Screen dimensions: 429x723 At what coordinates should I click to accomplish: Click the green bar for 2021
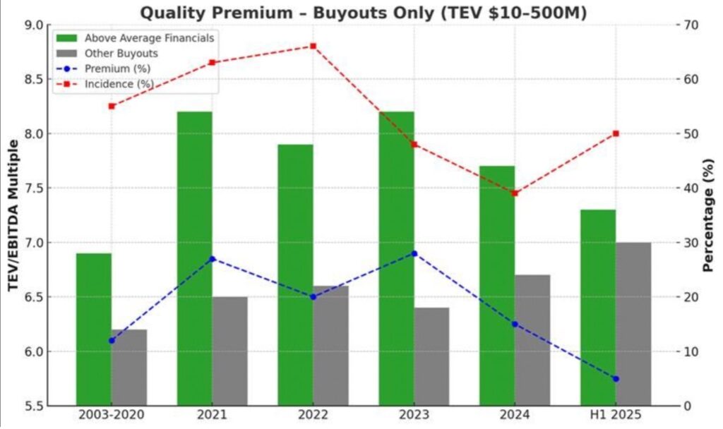194,258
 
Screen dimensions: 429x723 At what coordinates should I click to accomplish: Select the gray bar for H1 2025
633,324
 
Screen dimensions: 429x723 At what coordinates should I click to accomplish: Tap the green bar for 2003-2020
94,329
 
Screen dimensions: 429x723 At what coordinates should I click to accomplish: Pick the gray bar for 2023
431,356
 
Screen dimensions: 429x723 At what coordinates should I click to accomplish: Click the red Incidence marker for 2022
313,47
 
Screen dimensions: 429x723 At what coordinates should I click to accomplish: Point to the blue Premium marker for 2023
414,253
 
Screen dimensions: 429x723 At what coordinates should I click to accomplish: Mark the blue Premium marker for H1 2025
616,379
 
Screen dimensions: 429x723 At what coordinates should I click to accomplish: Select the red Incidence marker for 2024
515,193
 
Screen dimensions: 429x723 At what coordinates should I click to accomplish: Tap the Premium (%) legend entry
117,68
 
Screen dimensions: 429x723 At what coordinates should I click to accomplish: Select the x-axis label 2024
515,416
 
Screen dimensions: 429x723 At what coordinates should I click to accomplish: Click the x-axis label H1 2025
616,416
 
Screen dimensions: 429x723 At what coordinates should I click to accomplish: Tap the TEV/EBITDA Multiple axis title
13,215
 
